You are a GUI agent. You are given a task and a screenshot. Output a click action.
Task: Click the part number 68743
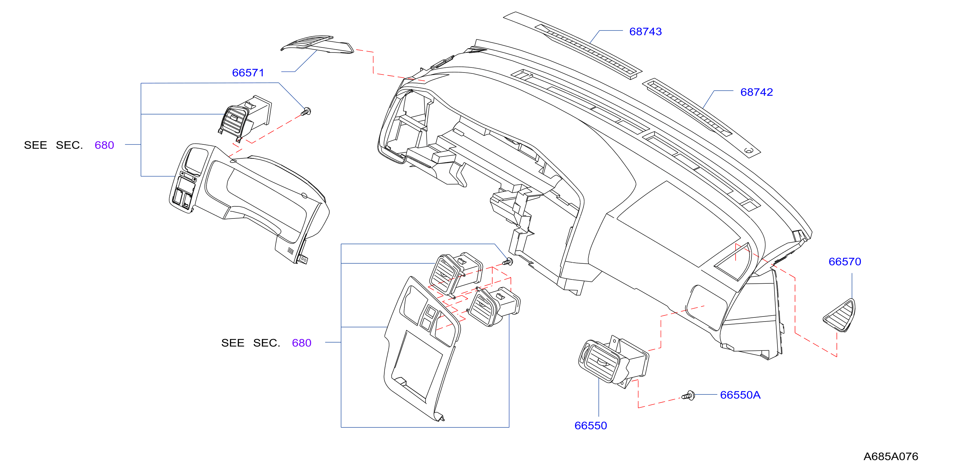(645, 31)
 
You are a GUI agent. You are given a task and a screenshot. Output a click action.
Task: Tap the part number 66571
(248, 73)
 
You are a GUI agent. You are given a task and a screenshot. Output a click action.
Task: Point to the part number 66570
(845, 261)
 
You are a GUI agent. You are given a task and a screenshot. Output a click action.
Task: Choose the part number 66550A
(740, 395)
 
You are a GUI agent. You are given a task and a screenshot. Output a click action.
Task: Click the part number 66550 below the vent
(590, 425)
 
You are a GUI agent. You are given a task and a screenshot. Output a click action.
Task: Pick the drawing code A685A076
(890, 456)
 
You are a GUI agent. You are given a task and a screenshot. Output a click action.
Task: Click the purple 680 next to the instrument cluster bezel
(104, 145)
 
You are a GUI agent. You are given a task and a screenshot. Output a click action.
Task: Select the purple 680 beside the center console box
(301, 343)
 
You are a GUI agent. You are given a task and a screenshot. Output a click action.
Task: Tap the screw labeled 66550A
(688, 395)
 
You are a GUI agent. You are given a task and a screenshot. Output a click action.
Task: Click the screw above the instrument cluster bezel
(306, 111)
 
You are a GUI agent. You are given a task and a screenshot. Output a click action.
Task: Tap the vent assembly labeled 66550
(614, 360)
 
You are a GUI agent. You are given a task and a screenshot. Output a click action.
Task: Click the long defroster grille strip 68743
(573, 45)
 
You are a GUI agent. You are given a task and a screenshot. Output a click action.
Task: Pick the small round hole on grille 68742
(749, 150)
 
